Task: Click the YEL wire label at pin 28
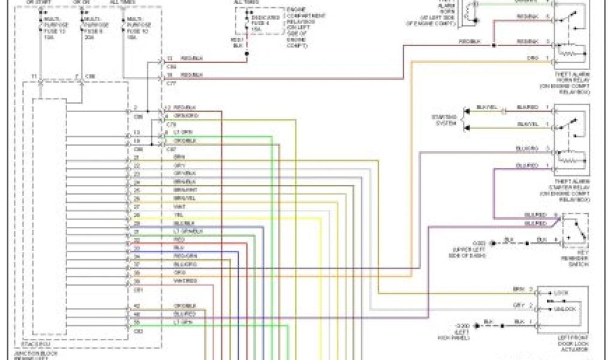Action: (177, 214)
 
